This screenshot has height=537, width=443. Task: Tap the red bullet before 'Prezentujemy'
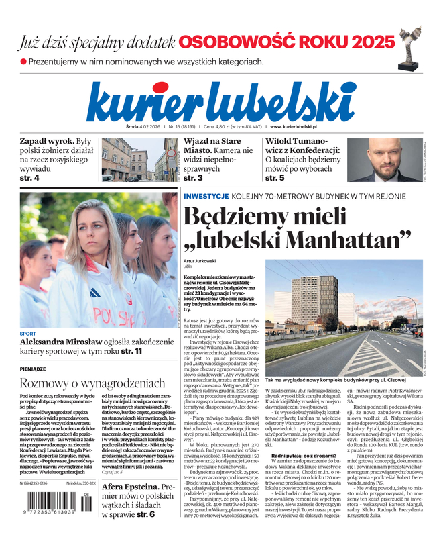pos(23,62)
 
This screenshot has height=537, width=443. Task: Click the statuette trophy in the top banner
pos(409,46)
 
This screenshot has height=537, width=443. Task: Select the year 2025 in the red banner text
pos(369,42)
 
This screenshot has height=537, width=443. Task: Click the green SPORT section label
pos(27,334)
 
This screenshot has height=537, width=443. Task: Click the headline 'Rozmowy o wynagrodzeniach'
pos(92,383)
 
